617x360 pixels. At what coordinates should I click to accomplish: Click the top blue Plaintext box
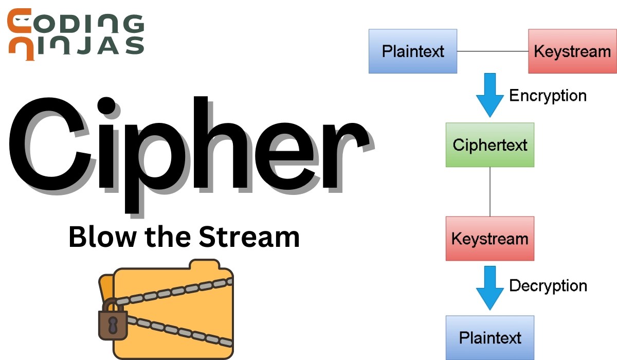(413, 51)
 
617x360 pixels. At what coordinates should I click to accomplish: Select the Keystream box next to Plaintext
(572, 51)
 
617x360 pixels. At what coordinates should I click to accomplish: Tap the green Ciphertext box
(489, 145)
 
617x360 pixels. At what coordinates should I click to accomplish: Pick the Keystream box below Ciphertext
(489, 238)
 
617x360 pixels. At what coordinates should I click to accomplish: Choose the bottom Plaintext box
(489, 337)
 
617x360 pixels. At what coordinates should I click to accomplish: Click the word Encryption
(548, 96)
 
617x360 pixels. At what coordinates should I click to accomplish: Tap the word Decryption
(548, 285)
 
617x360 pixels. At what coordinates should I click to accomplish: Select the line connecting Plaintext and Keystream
(493, 51)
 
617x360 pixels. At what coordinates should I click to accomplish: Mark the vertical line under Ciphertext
(489, 191)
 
